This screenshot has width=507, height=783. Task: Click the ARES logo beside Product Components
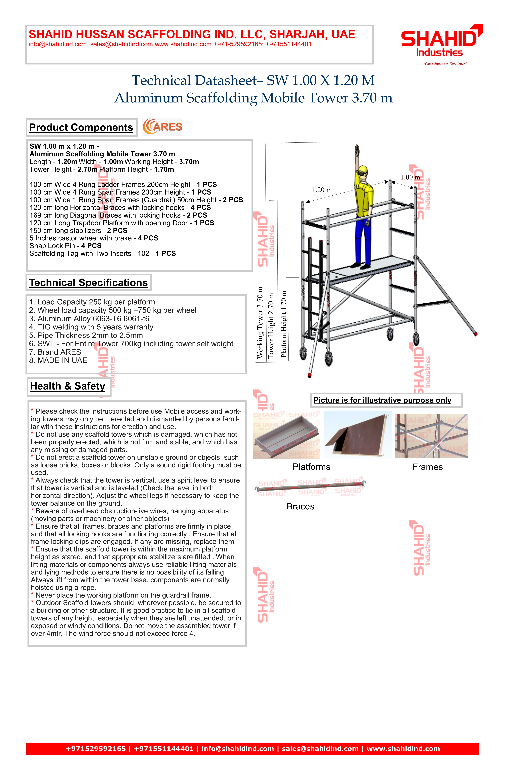[162, 127]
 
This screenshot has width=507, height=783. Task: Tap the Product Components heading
[81, 128]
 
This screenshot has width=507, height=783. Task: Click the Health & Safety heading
[68, 386]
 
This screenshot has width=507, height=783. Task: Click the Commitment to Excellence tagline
[444, 64]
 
